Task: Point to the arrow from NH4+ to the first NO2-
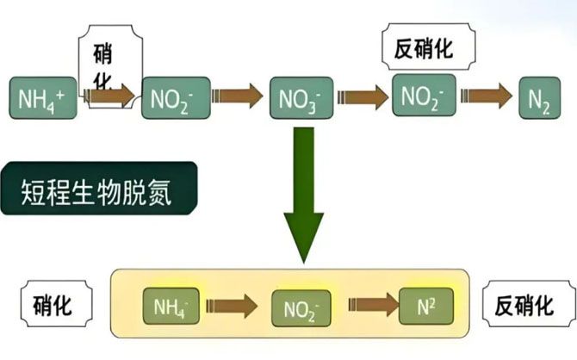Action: tap(111, 95)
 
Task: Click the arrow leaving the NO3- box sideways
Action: tap(362, 96)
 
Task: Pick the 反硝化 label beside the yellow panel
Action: tap(522, 304)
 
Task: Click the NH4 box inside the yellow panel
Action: tap(172, 305)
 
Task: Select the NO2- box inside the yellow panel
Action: tap(300, 307)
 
